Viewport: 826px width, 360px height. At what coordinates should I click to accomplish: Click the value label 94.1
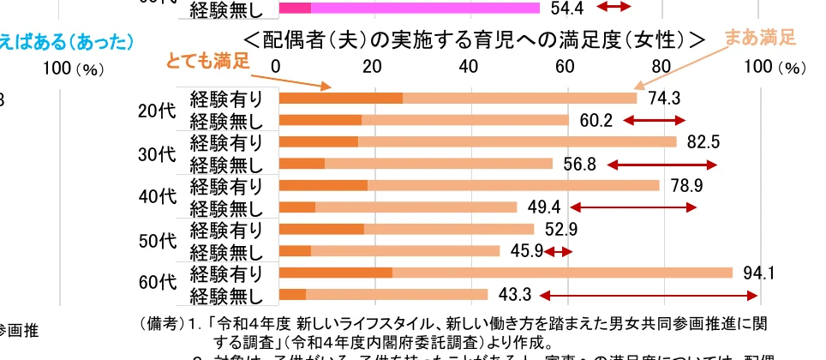759,273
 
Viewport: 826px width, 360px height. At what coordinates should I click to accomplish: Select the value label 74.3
664,98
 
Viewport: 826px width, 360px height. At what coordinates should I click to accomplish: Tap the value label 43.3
515,295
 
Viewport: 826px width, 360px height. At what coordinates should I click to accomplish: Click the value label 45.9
527,251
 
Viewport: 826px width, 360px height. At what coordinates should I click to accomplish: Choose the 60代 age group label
156,284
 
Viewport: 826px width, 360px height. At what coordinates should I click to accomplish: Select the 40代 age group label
156,196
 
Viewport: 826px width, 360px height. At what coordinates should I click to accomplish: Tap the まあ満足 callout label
760,38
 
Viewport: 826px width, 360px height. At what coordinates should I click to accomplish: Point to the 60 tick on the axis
565,66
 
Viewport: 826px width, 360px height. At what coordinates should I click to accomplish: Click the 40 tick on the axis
468,66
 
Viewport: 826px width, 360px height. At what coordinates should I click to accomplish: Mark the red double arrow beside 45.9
559,251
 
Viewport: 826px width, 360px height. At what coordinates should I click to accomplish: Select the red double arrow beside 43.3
649,296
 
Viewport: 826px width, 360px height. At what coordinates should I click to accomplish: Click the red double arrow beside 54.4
614,8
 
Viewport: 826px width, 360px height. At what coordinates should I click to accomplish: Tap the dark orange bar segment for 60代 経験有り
336,273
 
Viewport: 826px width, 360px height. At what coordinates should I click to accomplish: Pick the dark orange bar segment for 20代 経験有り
341,98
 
